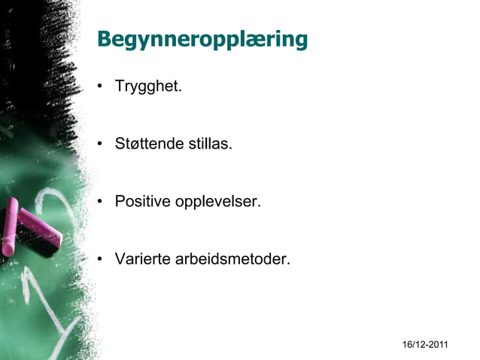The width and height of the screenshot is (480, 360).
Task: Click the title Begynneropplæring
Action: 202,39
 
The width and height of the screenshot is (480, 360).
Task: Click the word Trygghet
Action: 148,87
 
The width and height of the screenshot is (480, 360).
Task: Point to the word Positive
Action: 141,202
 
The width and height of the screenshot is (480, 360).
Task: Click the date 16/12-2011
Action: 425,345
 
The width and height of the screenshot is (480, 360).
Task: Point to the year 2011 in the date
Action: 437,345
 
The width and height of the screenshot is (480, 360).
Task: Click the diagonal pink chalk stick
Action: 39,225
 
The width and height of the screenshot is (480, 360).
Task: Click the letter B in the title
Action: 105,39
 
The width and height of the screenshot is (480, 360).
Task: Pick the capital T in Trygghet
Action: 120,86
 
